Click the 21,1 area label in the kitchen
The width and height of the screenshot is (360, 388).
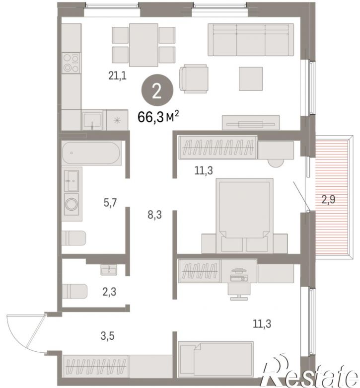pos(117,75)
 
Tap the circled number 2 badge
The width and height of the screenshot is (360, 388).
pos(157,91)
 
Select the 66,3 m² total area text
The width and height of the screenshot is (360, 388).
pos(158,117)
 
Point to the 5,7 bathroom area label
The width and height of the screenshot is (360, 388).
pos(110,203)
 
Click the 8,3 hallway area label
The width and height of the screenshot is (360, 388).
pos(155,215)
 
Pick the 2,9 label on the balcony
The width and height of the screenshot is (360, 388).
pos(328,199)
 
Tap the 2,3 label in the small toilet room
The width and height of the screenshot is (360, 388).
pos(109,292)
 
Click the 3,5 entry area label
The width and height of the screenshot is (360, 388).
pos(108,336)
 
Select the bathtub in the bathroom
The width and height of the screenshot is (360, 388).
pos(91,153)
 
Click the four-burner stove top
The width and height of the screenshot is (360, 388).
pos(72,63)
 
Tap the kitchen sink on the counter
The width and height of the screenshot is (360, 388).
pos(92,120)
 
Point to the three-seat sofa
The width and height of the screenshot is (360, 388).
pos(251,40)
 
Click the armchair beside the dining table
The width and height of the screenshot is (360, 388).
pos(194,78)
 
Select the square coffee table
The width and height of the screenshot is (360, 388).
pos(251,78)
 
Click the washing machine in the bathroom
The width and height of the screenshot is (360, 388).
pos(72,204)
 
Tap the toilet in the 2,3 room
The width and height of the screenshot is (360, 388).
pos(74,291)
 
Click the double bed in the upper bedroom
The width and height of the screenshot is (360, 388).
pos(244,216)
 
